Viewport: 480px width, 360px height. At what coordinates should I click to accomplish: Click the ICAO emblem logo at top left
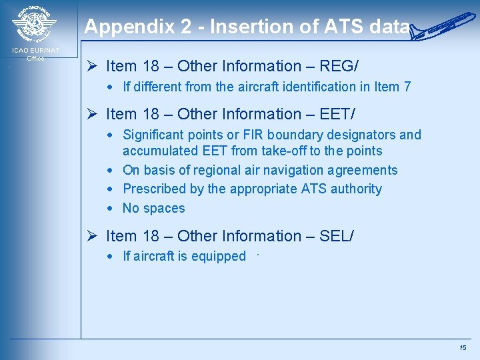(x=34, y=25)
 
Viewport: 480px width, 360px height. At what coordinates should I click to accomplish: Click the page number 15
(x=463, y=348)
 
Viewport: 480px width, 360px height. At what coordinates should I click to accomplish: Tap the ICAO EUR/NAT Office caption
(x=35, y=54)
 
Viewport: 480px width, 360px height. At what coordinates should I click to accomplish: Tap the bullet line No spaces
(x=153, y=208)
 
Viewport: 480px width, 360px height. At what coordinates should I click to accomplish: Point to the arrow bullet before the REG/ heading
(x=93, y=66)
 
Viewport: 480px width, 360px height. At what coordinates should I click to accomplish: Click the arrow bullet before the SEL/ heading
(x=93, y=236)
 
